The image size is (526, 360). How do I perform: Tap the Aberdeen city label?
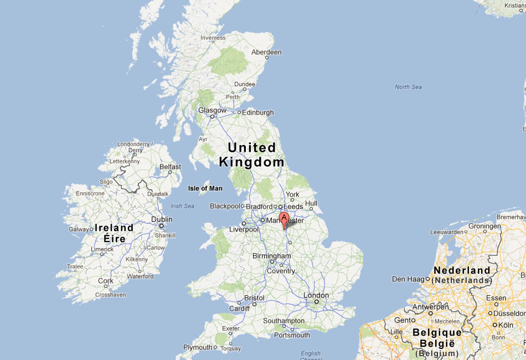coord(266,53)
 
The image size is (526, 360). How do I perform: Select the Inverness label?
coord(213,38)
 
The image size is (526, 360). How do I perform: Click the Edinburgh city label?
coord(257,112)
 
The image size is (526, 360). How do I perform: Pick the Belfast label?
coord(170,167)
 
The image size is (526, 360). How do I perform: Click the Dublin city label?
coord(162,219)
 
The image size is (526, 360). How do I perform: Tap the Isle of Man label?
coord(205,188)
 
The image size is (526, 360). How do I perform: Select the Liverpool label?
coord(244,229)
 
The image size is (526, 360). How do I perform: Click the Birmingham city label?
coord(271,256)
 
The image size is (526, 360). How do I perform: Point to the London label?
coord(316,296)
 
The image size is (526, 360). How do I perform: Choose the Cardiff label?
coord(239,308)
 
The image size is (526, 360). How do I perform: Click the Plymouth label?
coord(198,347)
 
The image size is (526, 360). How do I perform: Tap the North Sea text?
coord(408,87)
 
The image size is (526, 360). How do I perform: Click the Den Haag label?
coord(407,279)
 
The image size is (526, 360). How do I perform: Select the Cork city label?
coord(105,281)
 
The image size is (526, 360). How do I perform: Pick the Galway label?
coord(78,229)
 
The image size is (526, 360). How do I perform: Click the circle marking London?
coord(316,302)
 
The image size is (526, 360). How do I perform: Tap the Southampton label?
coord(283,321)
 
